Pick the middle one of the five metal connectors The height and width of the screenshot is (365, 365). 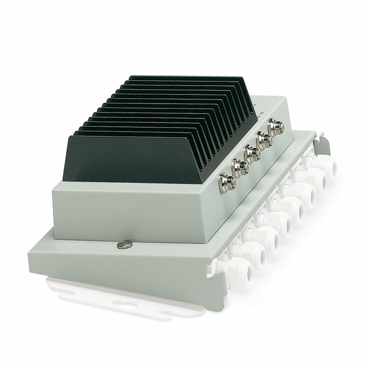click(x=251, y=153)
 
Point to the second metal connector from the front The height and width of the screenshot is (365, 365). click(x=239, y=167)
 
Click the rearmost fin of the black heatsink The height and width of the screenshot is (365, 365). click(x=189, y=78)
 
